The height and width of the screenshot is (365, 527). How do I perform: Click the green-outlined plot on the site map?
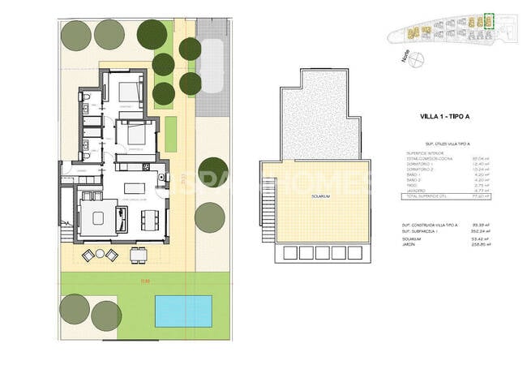point(487,20)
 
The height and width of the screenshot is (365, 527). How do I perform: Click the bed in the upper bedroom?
point(125,91)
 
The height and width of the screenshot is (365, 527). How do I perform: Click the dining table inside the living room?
point(148,219)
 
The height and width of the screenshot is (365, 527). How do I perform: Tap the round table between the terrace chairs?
point(100,255)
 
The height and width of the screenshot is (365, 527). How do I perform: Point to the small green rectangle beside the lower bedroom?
point(171,133)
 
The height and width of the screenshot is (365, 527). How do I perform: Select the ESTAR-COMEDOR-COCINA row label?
point(425,158)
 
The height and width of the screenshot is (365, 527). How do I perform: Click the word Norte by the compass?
point(405,55)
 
